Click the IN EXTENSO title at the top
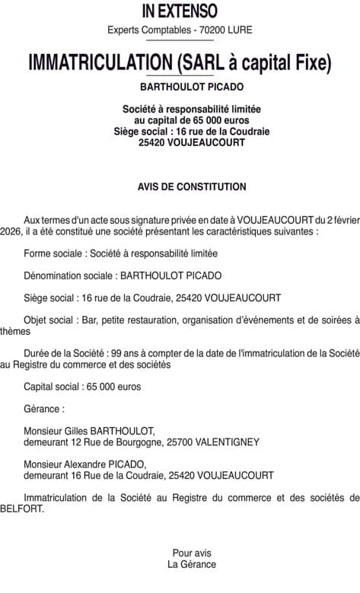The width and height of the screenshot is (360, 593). click(180, 11)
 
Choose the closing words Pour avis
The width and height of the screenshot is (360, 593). click(192, 553)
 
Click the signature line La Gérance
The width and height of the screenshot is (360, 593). click(192, 565)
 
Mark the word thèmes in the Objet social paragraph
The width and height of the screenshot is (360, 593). click(15, 331)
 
